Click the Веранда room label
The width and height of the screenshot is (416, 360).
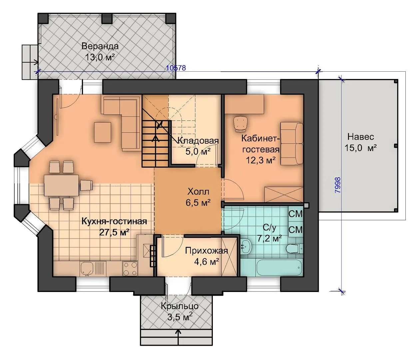tap(100, 46)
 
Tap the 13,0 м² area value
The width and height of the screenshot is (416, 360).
tap(100, 57)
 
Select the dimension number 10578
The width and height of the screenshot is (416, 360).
tap(176, 68)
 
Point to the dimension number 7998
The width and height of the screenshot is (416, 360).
tap(338, 185)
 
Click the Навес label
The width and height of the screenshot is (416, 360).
tap(361, 137)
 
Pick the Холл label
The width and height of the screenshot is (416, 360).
tap(198, 192)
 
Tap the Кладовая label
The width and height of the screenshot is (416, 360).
tap(198, 140)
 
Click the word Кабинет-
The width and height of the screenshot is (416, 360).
tap(261, 139)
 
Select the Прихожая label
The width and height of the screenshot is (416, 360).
tap(207, 251)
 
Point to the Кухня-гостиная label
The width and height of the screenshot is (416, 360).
tap(114, 221)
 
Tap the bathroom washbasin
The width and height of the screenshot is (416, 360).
tap(246, 246)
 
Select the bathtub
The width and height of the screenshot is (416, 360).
tap(280, 267)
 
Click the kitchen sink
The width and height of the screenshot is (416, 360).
tap(87, 269)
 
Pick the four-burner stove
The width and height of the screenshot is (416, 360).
tap(130, 269)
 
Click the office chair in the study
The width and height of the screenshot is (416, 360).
tap(240, 124)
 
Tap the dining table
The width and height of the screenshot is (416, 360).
tap(61, 185)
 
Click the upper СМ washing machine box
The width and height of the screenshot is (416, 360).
tap(296, 214)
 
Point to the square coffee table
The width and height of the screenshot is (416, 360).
tap(103, 132)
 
